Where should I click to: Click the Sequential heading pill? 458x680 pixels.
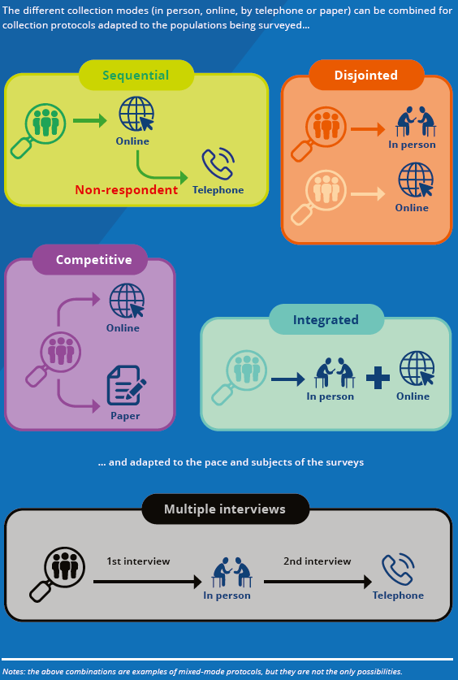136,75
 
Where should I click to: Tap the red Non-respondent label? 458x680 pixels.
127,190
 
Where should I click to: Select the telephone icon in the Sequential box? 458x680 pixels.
218,164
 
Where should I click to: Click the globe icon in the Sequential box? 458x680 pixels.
136,114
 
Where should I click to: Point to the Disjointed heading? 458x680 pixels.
366,75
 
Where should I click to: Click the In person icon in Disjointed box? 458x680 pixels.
415,121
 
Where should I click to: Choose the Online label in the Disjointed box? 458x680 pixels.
412,208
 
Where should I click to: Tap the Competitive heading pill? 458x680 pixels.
93,259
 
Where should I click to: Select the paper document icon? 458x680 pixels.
127,385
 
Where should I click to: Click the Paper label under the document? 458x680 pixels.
125,416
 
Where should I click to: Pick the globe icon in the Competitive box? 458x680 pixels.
127,301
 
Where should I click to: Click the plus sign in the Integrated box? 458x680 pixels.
378,378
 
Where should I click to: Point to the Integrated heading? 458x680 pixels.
326,319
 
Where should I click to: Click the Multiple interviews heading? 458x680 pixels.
225,509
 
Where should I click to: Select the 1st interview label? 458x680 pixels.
138,561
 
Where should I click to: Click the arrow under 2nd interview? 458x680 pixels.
318,582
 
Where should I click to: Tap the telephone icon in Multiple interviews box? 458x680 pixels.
398,570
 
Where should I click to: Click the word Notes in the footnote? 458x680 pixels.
14,672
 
